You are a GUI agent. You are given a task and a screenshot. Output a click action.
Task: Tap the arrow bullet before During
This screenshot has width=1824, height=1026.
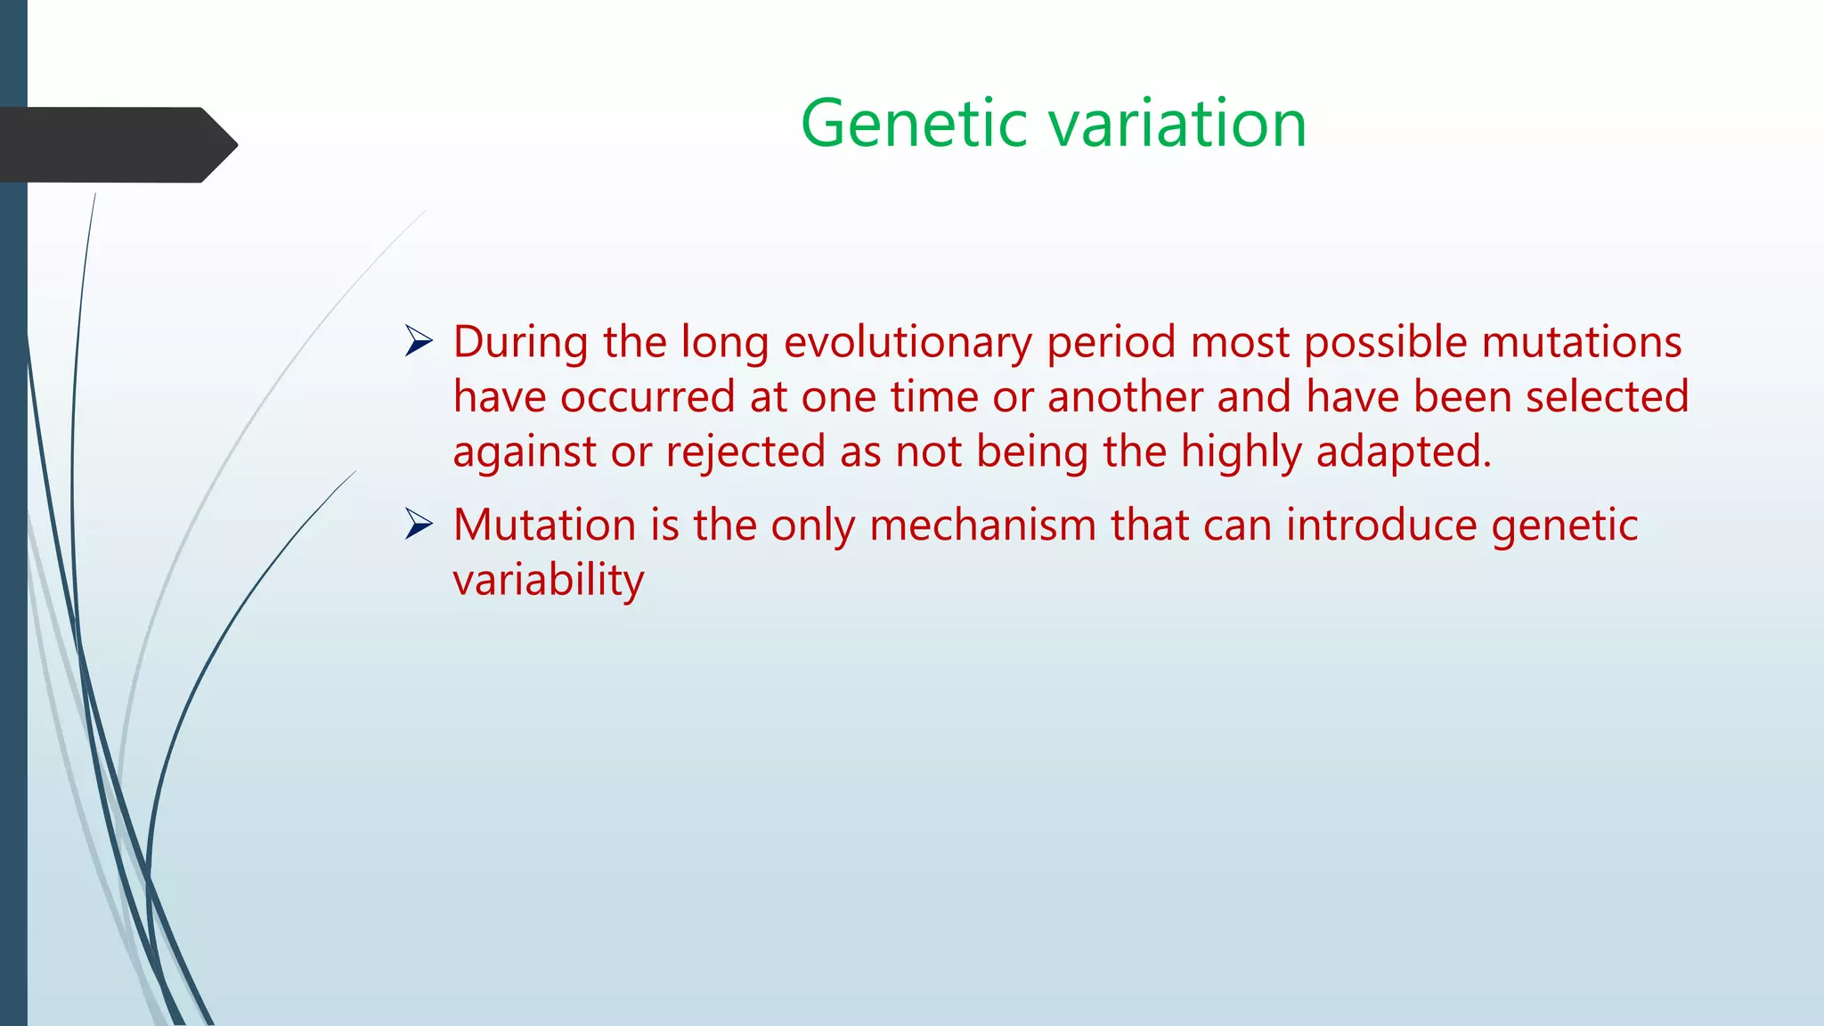click(x=419, y=341)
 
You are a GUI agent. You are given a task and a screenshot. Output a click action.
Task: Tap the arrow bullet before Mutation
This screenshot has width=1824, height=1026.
click(x=419, y=524)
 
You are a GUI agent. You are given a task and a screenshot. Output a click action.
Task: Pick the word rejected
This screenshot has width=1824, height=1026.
click(x=745, y=452)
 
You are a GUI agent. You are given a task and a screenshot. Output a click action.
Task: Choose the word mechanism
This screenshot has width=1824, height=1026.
click(x=982, y=525)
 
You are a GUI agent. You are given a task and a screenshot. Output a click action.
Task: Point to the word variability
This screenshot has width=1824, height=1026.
click(x=548, y=581)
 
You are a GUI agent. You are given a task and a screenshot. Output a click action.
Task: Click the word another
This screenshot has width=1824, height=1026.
click(x=1124, y=397)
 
